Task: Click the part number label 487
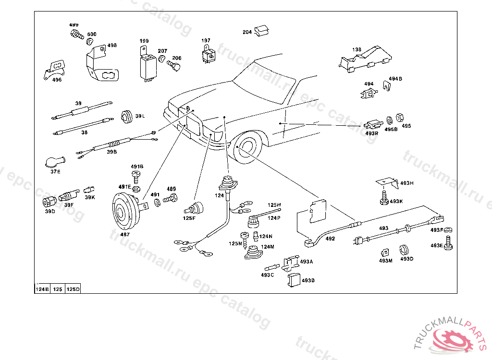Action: (125, 235)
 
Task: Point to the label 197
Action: (206, 41)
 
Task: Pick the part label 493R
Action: (372, 133)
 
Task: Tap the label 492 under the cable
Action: (330, 238)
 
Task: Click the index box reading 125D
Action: (73, 289)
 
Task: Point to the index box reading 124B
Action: (42, 289)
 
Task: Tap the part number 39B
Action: (111, 152)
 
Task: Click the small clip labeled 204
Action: (262, 31)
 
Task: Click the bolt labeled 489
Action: (170, 198)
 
